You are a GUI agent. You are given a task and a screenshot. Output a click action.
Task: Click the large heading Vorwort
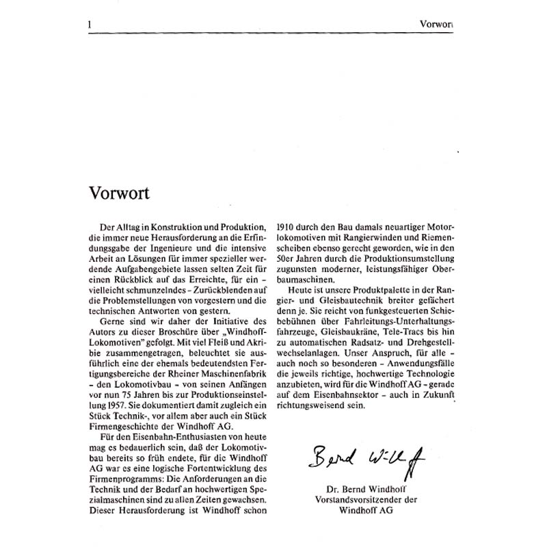(120, 192)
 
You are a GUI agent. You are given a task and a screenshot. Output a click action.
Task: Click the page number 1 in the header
(90, 25)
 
